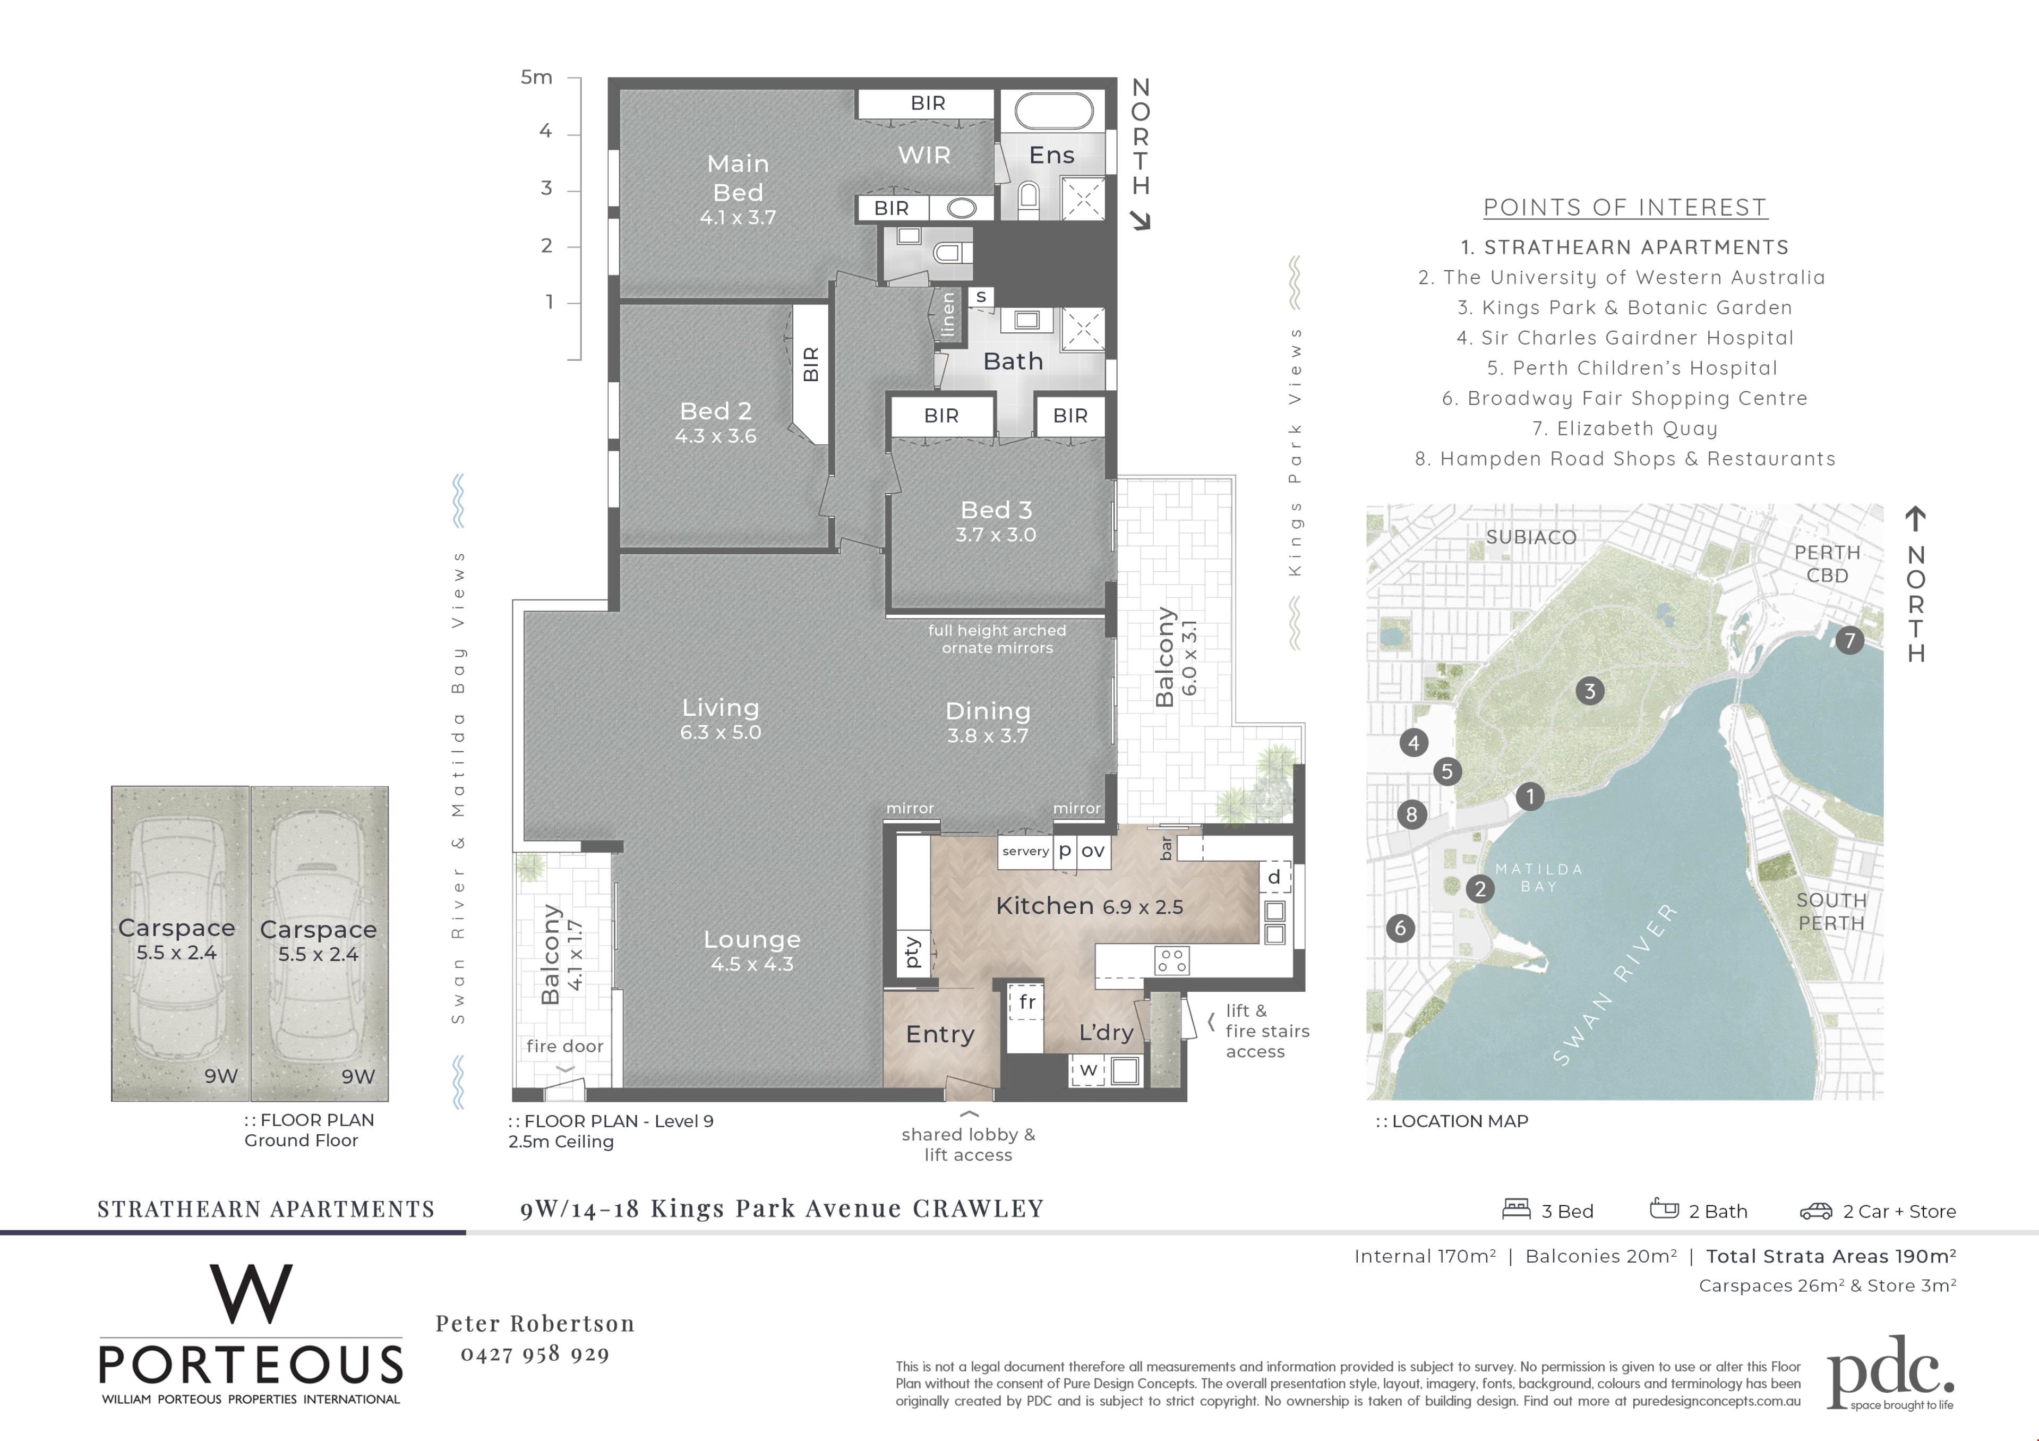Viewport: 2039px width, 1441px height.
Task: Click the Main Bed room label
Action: [x=738, y=177]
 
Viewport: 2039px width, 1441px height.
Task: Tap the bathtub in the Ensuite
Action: [x=1053, y=112]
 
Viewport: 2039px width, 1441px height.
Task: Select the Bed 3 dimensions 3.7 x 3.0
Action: [x=996, y=535]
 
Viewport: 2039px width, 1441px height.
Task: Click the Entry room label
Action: [x=939, y=1034]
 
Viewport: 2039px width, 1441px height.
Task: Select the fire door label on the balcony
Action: [x=565, y=1046]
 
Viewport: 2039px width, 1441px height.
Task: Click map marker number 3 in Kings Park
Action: [x=1590, y=691]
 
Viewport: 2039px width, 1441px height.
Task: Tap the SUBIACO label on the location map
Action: [x=1531, y=537]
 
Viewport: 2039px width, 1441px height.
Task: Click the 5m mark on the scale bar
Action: [x=536, y=77]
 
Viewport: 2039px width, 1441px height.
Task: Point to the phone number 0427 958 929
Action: [x=535, y=1354]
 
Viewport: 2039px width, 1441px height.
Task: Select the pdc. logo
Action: [x=1891, y=1373]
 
